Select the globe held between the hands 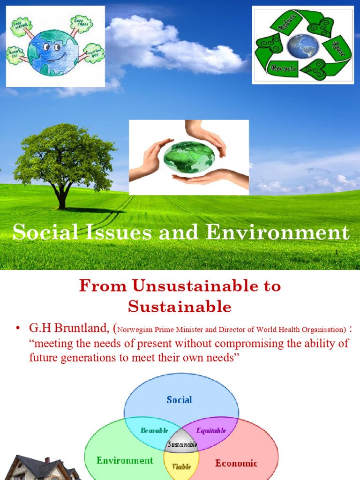pyautogui.click(x=189, y=157)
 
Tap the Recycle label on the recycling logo pyautogui.click(x=283, y=69)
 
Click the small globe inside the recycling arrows pyautogui.click(x=303, y=46)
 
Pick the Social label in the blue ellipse pyautogui.click(x=180, y=400)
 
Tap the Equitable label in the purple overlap pyautogui.click(x=211, y=430)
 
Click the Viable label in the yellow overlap pyautogui.click(x=182, y=466)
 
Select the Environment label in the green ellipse pyautogui.click(x=125, y=460)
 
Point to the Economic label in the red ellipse pyautogui.click(x=236, y=463)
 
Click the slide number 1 pyautogui.click(x=337, y=252)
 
